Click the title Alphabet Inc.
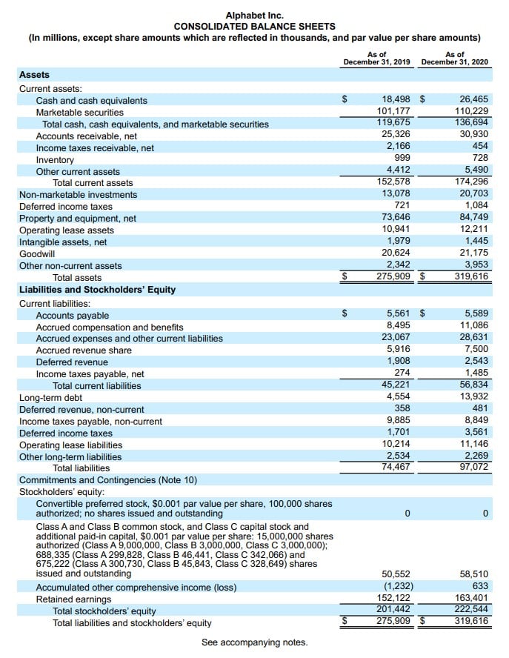(254, 15)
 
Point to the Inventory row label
(55, 159)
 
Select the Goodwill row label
(36, 253)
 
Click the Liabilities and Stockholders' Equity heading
(97, 289)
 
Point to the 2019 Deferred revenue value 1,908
(399, 362)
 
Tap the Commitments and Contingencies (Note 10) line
(108, 479)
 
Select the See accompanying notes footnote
(254, 642)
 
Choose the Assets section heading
(34, 75)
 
